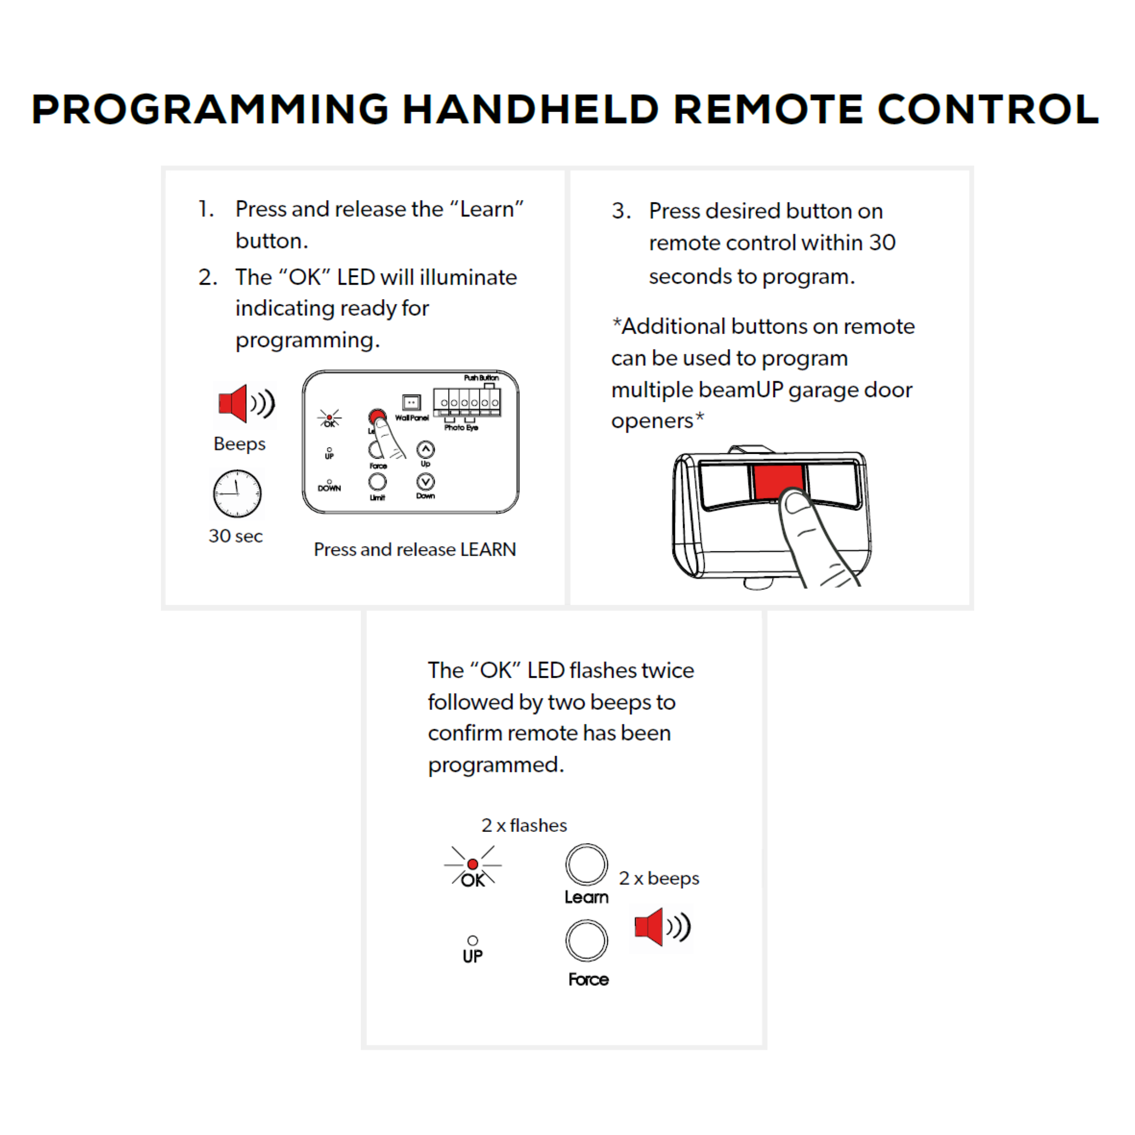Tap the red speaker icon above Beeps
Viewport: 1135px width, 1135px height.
tap(234, 404)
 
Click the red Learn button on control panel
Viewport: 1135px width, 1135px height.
tap(377, 416)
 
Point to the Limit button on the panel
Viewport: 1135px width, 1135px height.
tap(377, 482)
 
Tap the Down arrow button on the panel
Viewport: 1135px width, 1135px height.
tap(425, 482)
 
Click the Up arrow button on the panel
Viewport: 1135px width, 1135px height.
tap(425, 450)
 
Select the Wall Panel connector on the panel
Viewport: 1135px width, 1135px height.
tap(411, 402)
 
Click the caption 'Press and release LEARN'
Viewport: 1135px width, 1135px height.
tap(415, 549)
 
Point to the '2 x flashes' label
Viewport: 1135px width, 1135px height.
tap(524, 825)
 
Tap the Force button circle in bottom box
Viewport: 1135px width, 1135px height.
tap(586, 941)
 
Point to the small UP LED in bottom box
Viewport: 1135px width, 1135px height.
tap(472, 941)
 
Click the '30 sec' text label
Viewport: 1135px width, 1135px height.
tap(236, 536)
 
